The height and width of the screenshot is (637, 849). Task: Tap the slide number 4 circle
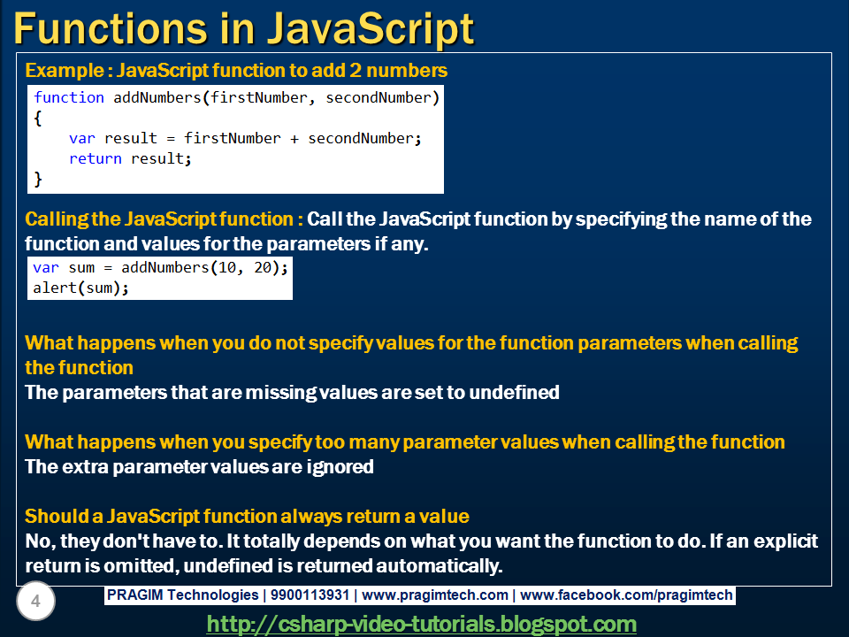35,602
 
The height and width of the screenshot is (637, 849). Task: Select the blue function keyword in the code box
69,97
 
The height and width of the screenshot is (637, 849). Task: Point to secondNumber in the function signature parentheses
378,97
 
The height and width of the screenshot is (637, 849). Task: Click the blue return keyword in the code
96,159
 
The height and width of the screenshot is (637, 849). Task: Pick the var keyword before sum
46,267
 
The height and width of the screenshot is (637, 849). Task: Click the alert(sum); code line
80,288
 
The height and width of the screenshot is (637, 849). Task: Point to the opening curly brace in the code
38,118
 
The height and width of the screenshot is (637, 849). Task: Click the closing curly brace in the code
38,180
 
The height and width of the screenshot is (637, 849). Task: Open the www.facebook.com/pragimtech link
627,595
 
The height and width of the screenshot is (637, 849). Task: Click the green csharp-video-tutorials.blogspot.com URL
422,624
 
